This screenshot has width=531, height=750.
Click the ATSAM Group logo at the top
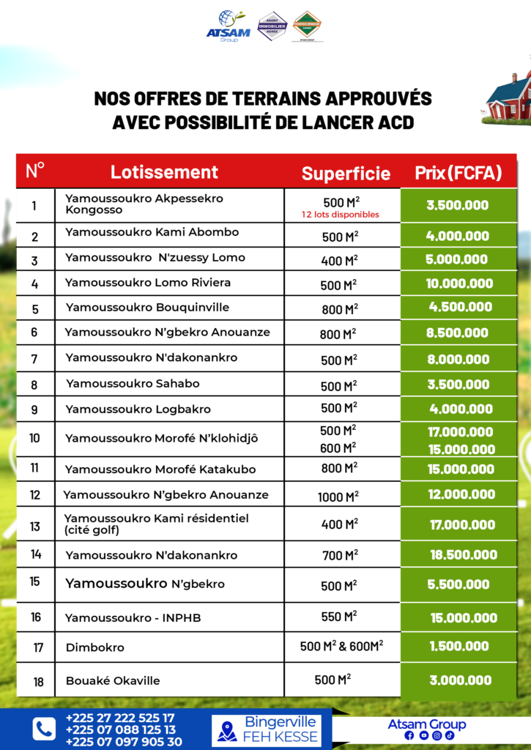229,26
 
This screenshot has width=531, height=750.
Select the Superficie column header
346,174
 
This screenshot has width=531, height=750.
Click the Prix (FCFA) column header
458,173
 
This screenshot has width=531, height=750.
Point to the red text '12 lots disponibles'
341,215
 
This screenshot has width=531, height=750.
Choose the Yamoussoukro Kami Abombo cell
152,232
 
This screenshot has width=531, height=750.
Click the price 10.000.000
459,283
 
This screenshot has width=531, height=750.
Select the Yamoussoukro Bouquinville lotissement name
147,307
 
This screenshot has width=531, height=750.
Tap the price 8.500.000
457,333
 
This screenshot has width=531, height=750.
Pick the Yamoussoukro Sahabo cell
133,383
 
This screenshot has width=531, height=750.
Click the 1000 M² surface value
338,497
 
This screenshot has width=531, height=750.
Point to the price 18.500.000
464,555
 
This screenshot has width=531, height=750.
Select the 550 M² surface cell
338,617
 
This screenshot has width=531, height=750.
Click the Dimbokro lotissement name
95,647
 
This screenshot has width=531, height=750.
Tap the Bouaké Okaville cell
113,680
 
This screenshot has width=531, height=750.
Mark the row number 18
38,682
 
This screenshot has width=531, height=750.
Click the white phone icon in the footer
44,728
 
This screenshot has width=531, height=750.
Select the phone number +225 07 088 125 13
120,729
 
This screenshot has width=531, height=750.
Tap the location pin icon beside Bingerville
227,730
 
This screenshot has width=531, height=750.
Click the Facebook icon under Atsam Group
409,735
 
